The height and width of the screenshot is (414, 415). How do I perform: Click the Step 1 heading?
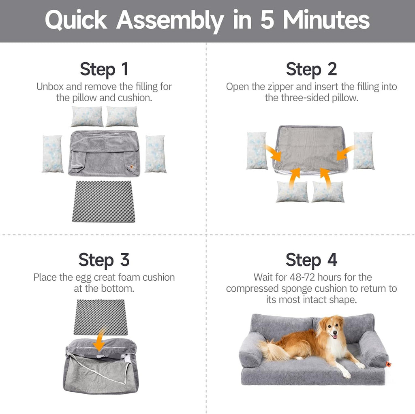tap(104, 69)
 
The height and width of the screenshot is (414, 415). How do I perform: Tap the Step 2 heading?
tap(311, 69)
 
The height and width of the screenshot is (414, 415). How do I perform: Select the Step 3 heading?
tap(104, 260)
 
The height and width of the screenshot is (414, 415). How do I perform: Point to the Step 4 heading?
tap(311, 260)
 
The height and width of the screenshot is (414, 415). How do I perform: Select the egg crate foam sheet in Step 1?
tap(104, 201)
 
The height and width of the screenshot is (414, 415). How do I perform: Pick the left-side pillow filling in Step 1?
tap(53, 154)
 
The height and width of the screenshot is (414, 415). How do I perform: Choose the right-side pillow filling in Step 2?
tap(364, 150)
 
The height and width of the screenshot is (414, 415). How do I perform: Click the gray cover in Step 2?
tap(310, 148)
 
